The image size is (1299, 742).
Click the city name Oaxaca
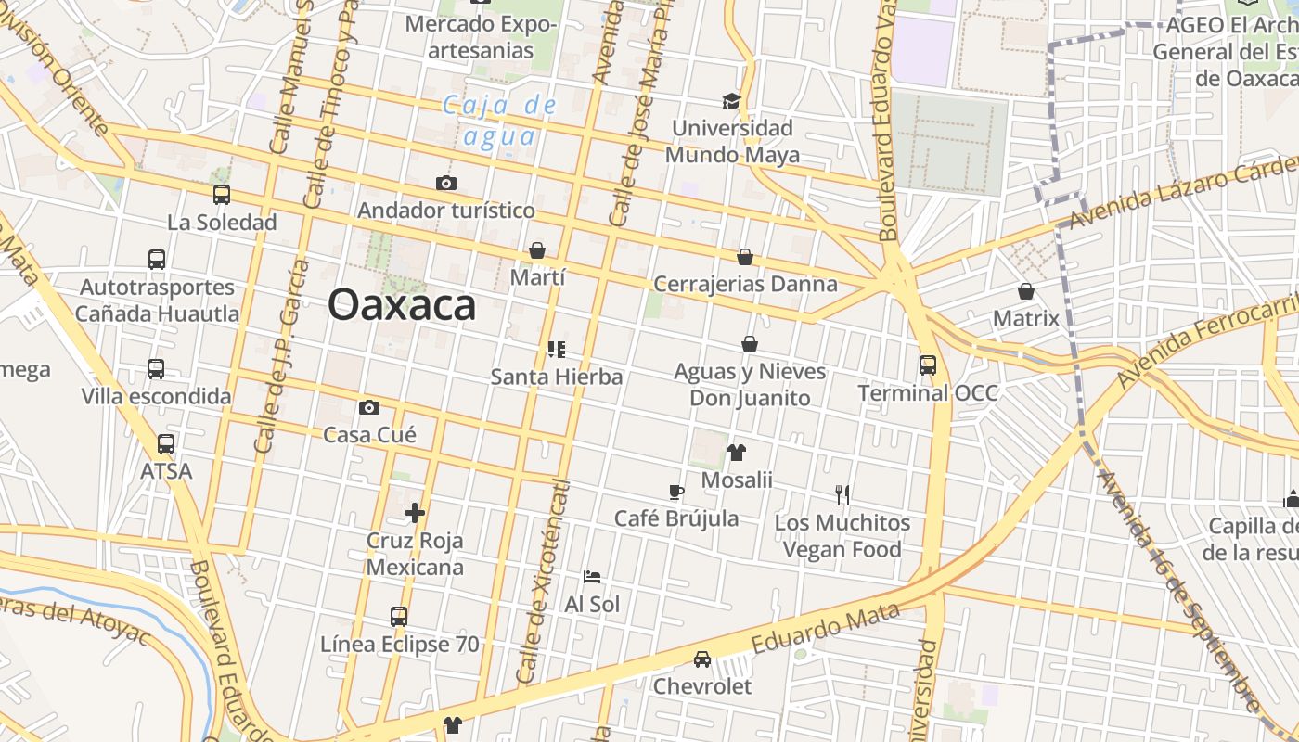[402, 304]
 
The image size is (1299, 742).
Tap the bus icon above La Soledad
[221, 195]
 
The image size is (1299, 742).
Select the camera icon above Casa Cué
[369, 407]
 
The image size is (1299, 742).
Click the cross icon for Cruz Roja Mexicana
[415, 512]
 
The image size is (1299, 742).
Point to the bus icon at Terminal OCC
[927, 365]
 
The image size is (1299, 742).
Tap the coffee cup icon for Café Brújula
[676, 491]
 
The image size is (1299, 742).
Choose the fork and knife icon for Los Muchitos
[842, 495]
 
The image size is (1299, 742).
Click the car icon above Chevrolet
[702, 659]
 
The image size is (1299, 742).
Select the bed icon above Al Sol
[592, 577]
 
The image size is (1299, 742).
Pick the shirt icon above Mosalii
[737, 453]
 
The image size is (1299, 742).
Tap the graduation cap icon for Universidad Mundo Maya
[732, 100]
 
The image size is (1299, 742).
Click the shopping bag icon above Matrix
[1026, 291]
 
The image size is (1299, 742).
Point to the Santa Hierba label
[556, 377]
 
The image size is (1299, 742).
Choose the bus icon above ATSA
[166, 444]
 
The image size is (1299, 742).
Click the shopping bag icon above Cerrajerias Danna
[745, 257]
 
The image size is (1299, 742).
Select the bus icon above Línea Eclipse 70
[399, 616]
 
